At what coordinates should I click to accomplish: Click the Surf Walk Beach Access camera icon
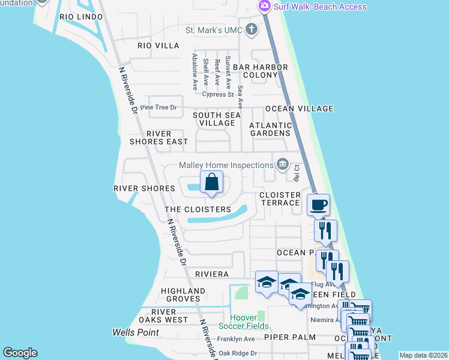[x=264, y=6]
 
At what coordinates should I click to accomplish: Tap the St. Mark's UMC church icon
[x=252, y=29]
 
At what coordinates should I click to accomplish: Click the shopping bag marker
[x=211, y=182]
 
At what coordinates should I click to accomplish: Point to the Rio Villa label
[x=158, y=46]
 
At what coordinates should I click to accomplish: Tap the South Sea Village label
[x=217, y=119]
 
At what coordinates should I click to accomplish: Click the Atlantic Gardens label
[x=271, y=129]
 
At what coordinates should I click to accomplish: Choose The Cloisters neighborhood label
[x=197, y=209]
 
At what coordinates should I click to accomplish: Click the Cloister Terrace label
[x=280, y=199]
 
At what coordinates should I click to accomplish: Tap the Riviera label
[x=212, y=274]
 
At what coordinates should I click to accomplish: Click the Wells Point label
[x=136, y=332]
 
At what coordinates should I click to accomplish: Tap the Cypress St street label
[x=217, y=94]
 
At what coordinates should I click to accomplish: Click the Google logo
[x=20, y=353]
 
